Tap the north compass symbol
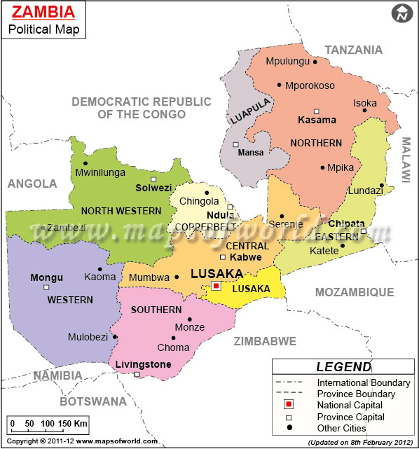point(402,13)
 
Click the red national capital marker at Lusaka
point(217,286)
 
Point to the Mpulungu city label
point(287,62)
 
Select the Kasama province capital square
point(317,111)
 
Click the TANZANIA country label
point(353,50)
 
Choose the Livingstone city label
point(143,364)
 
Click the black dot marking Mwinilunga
point(85,163)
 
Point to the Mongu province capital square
point(46,287)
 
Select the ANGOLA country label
point(32,184)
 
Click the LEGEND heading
point(343,366)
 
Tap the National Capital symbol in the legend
point(289,406)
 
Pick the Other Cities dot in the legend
point(289,428)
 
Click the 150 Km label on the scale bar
point(74,424)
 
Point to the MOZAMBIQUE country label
point(355,291)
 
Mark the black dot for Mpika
point(323,167)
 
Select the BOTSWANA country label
point(93,401)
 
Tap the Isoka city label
point(364,103)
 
